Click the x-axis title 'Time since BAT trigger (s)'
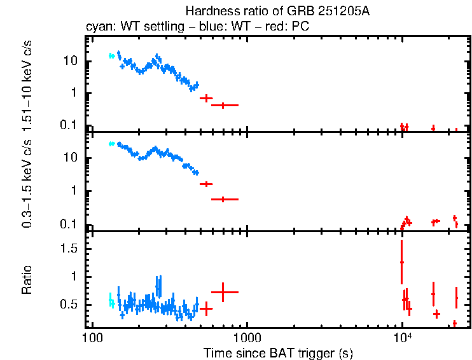coord(278,352)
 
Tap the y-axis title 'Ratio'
coord(27,280)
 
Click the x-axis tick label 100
coord(92,337)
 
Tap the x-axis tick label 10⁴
coord(402,336)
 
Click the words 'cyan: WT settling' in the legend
coord(126,28)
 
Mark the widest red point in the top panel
coord(224,105)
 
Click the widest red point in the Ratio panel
coord(224,292)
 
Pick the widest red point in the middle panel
coord(224,199)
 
